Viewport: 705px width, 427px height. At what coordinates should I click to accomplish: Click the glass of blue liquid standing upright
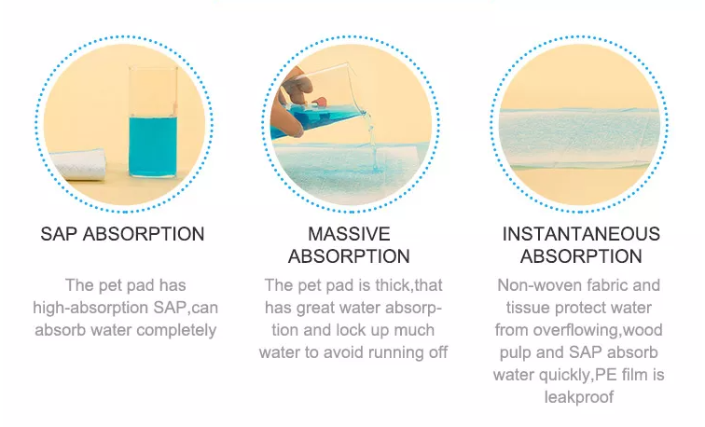tap(153, 121)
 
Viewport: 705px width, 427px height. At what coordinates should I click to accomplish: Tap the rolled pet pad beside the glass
tap(77, 164)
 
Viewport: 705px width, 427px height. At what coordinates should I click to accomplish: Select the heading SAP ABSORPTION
tap(122, 234)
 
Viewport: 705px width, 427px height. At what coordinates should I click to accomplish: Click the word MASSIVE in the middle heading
tap(349, 234)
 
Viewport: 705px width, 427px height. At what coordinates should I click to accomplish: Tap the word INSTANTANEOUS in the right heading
tap(581, 234)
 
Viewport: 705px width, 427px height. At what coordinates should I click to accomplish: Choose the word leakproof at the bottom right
tap(579, 397)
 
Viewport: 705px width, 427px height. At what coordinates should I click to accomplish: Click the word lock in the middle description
tap(354, 330)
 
